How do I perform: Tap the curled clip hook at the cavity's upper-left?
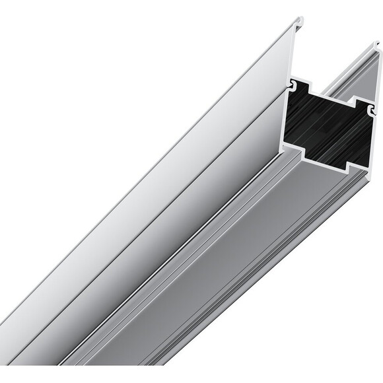click(x=292, y=85)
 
